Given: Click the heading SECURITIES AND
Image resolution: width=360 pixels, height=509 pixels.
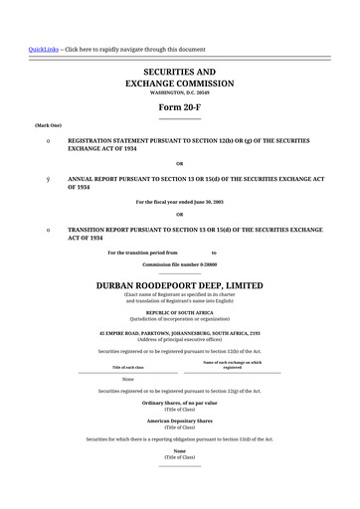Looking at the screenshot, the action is pos(179,73).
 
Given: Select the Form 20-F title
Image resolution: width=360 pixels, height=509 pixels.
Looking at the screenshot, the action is pos(179,107).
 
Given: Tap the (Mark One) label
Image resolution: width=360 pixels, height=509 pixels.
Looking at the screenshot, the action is pos(48,125).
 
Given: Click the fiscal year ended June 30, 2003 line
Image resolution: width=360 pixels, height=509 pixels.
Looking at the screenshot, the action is pos(179,202).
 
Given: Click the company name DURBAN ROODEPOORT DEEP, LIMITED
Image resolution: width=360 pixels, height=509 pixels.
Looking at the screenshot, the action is pos(179,284).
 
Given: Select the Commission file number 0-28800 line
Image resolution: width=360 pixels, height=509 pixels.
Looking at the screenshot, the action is pos(179,264).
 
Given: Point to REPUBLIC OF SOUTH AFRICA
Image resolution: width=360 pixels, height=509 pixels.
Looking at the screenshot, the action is pos(179,312).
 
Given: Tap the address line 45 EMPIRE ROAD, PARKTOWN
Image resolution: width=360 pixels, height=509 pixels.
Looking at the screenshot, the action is pos(179,333).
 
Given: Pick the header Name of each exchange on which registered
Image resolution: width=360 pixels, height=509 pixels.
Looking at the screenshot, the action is pos(232,365).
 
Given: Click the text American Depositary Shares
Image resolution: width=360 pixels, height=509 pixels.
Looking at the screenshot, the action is pos(179,421).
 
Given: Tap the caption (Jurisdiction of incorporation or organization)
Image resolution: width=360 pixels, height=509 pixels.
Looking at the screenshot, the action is pos(179,318).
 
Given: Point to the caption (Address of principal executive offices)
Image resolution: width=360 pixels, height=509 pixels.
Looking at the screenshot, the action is pos(179,339).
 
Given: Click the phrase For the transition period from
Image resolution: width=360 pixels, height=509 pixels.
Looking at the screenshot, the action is pos(142,253).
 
